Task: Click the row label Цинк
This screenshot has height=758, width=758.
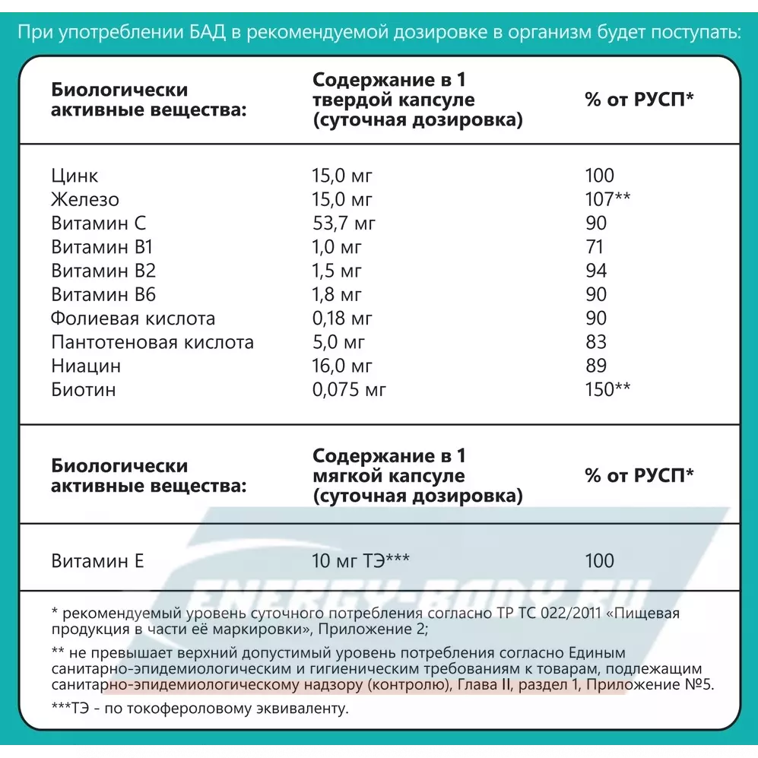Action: tap(75, 176)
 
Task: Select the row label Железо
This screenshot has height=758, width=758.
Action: tap(85, 200)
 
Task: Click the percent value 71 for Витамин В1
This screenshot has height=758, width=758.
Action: tap(595, 247)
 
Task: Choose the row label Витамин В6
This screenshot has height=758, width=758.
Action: tap(103, 295)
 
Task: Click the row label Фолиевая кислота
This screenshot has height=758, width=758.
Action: tap(133, 319)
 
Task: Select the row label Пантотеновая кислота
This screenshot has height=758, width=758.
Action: tap(152, 342)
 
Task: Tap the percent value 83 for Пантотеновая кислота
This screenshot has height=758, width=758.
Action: tap(596, 342)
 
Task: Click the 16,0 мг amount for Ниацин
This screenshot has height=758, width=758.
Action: tap(343, 366)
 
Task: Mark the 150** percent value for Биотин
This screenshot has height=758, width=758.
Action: tap(607, 390)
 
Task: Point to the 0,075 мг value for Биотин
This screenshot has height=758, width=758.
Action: tap(350, 390)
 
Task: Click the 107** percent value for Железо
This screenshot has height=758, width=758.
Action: tap(607, 200)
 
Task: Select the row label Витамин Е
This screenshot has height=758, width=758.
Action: tap(97, 562)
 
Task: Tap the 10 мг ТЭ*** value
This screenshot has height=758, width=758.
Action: tap(361, 562)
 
